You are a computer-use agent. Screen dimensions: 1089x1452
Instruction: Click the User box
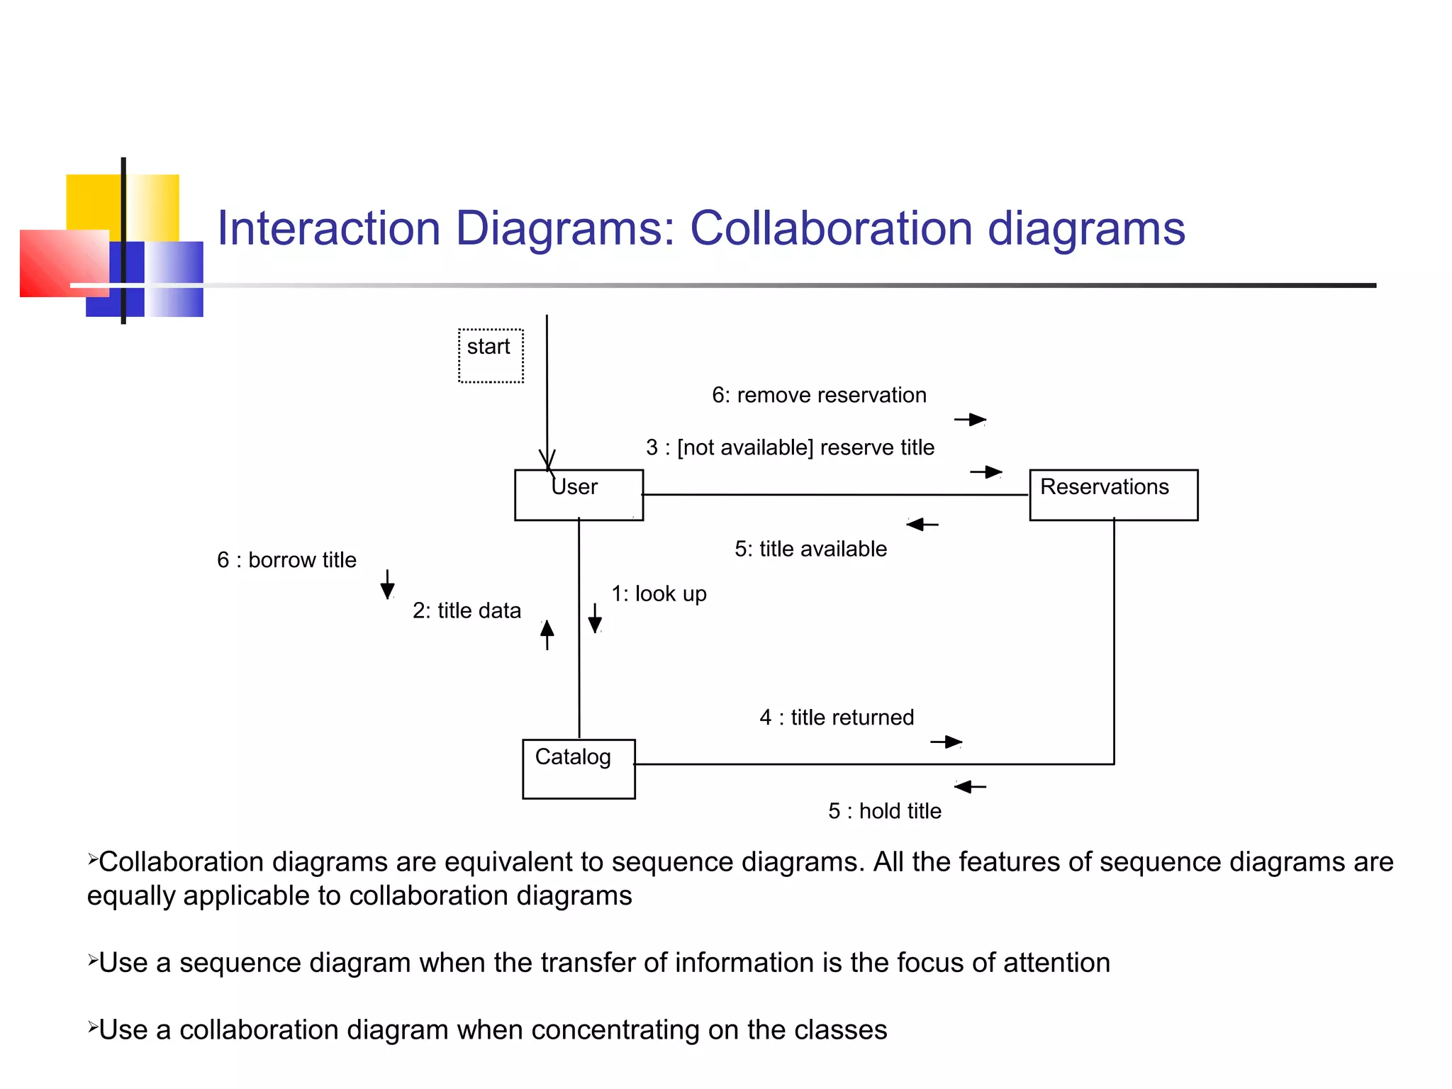579,495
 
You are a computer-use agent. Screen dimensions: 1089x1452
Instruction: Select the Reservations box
1113,495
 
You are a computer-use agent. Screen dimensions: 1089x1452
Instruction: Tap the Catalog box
579,769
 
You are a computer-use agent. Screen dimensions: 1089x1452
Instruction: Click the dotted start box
491,355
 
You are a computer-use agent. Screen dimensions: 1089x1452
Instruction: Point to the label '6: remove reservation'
819,395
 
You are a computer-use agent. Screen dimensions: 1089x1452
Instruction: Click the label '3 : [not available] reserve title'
790,447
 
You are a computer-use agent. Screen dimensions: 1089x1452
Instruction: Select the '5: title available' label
810,549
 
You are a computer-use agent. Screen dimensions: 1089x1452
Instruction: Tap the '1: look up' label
659,593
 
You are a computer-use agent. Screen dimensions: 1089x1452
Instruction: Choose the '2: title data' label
467,610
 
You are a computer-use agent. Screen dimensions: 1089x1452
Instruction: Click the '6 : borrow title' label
286,560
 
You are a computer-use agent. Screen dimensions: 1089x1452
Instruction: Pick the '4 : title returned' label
837,717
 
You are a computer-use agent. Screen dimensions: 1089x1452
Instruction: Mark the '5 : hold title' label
885,811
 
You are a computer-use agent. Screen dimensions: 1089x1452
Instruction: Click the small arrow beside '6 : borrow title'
387,584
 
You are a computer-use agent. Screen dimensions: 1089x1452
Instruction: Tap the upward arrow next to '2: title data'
547,635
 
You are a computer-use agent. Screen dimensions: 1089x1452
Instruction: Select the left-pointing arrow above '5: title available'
922,525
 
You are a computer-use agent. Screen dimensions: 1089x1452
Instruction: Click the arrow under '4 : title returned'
946,742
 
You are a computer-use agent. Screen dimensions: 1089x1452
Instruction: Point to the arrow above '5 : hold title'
970,786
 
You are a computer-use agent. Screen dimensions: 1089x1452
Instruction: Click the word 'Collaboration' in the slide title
831,228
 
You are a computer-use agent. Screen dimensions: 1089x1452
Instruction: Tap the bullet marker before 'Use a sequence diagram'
92,961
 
